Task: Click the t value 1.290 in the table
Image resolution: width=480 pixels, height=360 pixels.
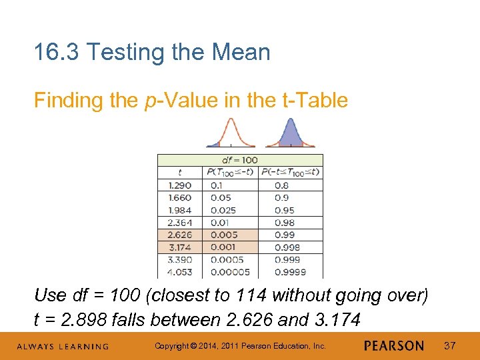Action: [x=179, y=185]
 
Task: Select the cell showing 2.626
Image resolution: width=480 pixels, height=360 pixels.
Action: [x=179, y=235]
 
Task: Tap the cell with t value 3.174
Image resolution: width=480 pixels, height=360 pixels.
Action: [x=179, y=247]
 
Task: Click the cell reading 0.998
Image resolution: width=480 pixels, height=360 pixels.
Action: [x=285, y=247]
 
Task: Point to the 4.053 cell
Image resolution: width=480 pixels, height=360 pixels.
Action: [x=179, y=272]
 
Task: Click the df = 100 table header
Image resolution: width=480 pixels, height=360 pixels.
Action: [x=239, y=160]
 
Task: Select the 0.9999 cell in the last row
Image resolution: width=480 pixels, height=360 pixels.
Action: [x=289, y=272]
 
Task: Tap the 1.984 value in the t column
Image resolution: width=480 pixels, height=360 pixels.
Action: [x=179, y=210]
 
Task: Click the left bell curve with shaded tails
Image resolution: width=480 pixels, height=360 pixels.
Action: [x=229, y=133]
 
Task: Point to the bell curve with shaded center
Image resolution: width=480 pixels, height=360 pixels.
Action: [x=290, y=133]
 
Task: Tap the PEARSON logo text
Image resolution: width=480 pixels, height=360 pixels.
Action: [x=394, y=345]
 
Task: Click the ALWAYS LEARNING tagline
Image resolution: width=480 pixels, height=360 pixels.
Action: [x=63, y=346]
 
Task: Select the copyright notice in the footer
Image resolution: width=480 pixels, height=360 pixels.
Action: [x=240, y=345]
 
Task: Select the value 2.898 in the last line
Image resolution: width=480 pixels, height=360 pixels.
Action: [x=84, y=319]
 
